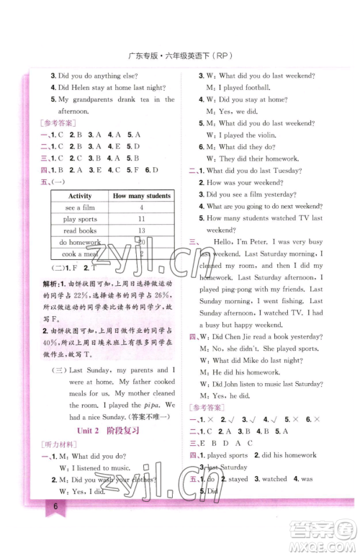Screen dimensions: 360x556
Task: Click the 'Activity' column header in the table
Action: [80, 196]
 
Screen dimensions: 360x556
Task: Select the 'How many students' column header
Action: [142, 196]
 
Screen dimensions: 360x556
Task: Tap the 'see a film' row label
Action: [80, 207]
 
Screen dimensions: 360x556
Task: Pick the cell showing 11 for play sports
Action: [141, 218]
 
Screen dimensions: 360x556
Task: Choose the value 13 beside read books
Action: [141, 230]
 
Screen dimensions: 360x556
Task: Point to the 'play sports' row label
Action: [80, 218]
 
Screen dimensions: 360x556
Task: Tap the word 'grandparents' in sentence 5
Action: [90, 99]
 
